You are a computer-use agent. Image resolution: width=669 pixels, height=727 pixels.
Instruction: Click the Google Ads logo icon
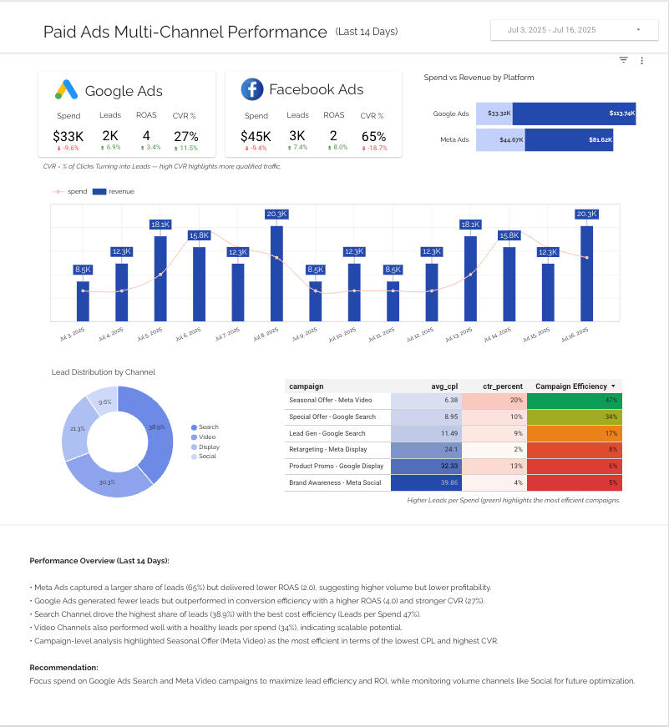(66, 90)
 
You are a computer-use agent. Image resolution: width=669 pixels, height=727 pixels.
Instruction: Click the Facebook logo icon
(251, 89)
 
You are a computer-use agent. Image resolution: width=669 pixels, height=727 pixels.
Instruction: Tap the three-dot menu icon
(641, 60)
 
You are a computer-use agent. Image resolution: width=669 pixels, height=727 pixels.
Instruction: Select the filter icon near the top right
(623, 60)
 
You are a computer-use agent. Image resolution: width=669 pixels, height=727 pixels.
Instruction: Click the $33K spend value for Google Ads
(68, 135)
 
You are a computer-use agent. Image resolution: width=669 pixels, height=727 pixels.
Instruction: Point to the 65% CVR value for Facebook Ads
(373, 135)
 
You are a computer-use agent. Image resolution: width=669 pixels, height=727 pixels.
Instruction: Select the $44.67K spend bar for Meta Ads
(499, 139)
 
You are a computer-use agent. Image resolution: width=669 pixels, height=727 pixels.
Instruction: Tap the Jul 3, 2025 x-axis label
(73, 335)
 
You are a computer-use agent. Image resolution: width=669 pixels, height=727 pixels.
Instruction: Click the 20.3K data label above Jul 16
(586, 214)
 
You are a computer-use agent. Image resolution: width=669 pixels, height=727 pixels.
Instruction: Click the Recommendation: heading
(63, 668)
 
